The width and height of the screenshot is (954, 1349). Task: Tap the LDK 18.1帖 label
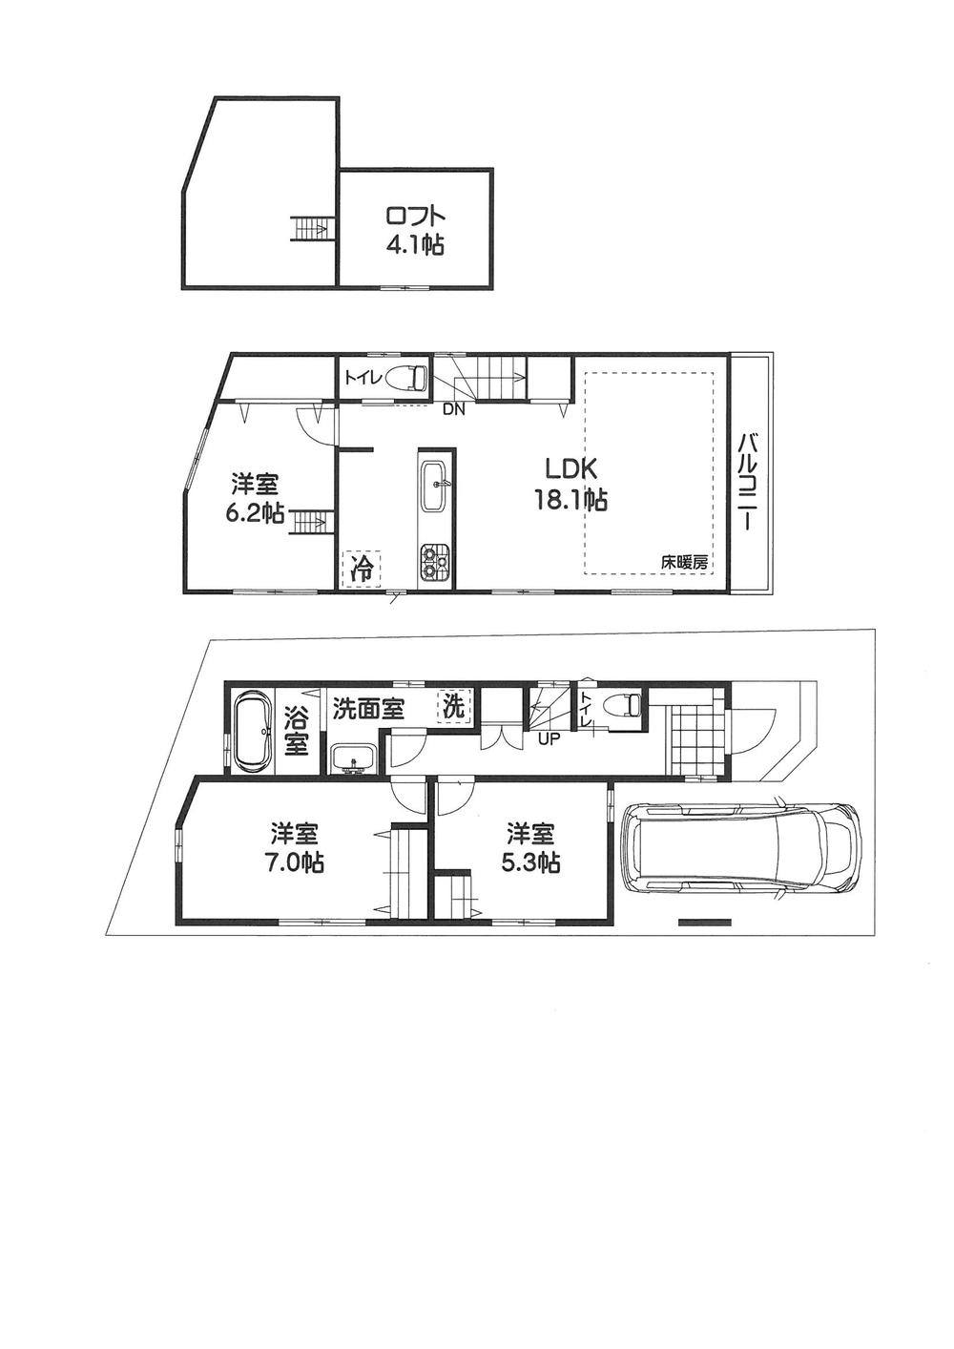pos(570,483)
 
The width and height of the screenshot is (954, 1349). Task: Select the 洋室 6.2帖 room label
pos(254,499)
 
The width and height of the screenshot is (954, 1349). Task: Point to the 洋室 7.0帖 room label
pos(297,848)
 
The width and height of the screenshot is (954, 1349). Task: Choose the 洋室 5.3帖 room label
pos(532,848)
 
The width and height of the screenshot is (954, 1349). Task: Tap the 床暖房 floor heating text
pos(685,563)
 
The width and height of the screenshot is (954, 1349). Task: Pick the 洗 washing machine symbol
pos(455,707)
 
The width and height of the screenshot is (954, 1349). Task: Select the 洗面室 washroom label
pos(368,709)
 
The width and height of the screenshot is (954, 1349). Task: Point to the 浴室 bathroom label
pos(297,730)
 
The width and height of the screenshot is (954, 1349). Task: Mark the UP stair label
pos(549,737)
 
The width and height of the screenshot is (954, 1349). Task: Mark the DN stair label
pos(453,410)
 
